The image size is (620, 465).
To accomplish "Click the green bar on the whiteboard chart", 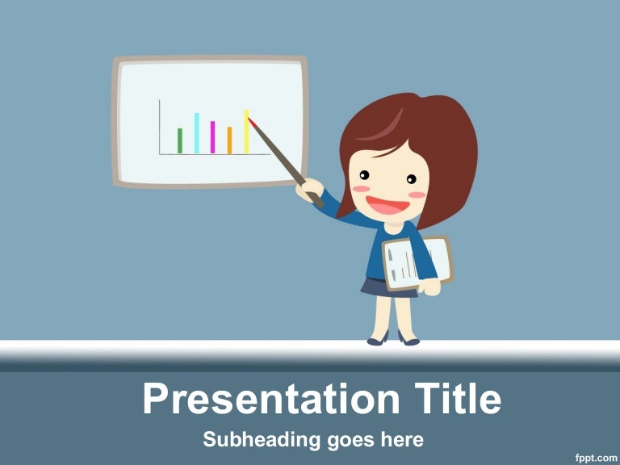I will [x=180, y=140].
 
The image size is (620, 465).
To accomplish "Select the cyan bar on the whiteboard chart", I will [x=196, y=133].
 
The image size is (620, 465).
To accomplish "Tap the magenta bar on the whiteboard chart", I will [x=212, y=137].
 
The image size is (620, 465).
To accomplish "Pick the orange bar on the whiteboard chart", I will [x=229, y=140].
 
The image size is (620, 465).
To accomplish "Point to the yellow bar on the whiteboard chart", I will [x=246, y=132].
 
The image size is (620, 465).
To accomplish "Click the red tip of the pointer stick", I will [x=252, y=122].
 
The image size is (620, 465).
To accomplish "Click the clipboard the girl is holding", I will [x=416, y=262].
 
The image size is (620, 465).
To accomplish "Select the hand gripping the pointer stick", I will [x=309, y=191].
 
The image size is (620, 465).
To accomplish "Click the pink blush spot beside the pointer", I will [x=358, y=189].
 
